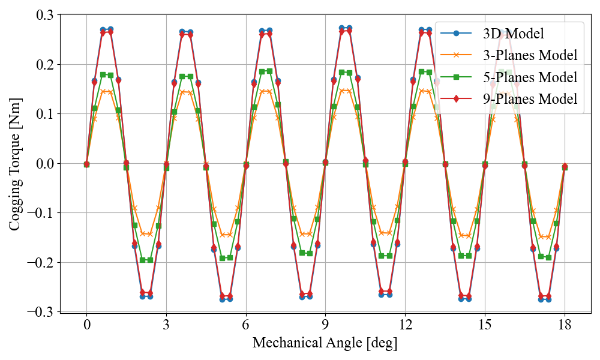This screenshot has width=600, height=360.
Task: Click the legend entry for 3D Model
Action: [513, 34]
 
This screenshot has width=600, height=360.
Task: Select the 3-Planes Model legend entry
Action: [530, 55]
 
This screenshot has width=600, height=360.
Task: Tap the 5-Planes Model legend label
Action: [530, 77]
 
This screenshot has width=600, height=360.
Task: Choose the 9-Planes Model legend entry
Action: [530, 99]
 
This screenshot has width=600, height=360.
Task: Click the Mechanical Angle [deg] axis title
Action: [325, 343]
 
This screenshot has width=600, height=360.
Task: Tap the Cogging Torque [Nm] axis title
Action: [16, 163]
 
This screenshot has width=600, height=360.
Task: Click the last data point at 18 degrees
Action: [565, 167]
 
